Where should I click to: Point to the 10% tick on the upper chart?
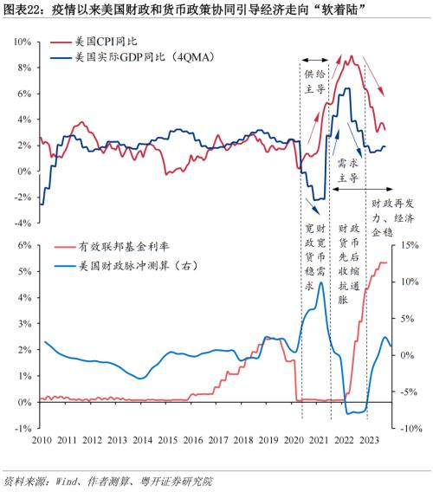pos(23,41)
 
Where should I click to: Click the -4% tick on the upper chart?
pos(23,222)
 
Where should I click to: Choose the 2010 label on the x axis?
pos(41,440)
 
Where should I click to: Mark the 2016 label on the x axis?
pos(197,440)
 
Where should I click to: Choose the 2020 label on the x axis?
pos(301,440)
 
